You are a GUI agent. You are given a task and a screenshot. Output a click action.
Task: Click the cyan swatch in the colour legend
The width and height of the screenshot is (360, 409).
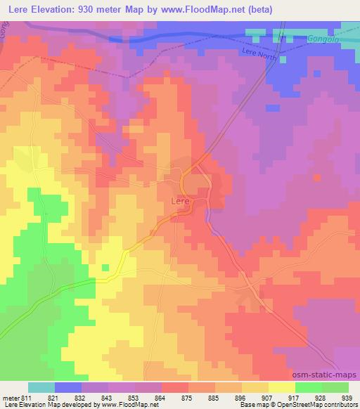(x=41, y=387)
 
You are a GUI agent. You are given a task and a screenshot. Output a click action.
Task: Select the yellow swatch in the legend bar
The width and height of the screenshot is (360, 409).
(x=282, y=387)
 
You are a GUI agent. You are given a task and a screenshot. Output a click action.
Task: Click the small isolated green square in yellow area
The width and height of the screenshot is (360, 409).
(x=105, y=267)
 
